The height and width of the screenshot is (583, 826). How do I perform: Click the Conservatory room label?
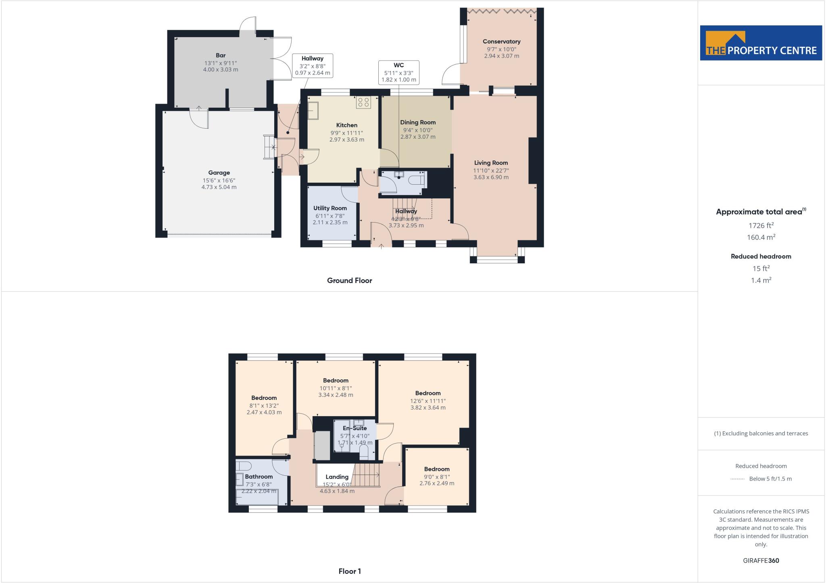501,42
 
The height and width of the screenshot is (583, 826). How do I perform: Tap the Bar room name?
221,55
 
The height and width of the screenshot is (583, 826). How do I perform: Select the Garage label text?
219,173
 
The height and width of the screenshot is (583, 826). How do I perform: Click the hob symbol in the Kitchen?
363,102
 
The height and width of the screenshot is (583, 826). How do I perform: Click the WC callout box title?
398,65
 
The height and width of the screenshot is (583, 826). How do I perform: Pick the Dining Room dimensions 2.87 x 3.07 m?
418,137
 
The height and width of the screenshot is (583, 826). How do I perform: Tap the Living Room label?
491,163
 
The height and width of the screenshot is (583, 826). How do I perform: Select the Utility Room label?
330,208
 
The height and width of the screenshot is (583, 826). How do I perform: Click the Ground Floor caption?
349,281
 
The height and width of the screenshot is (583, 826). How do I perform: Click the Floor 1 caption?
350,571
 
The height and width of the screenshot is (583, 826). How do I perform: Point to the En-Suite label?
355,428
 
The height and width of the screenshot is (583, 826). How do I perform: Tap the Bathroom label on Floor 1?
259,477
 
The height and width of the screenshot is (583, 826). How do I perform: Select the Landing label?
337,477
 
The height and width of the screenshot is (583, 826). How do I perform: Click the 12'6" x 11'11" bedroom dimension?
428,401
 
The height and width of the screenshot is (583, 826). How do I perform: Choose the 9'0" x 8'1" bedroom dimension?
437,477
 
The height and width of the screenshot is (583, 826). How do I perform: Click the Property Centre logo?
761,43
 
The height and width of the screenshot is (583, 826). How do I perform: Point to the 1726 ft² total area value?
761,226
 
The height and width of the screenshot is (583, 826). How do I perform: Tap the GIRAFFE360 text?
761,560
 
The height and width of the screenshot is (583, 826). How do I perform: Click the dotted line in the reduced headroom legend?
737,479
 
